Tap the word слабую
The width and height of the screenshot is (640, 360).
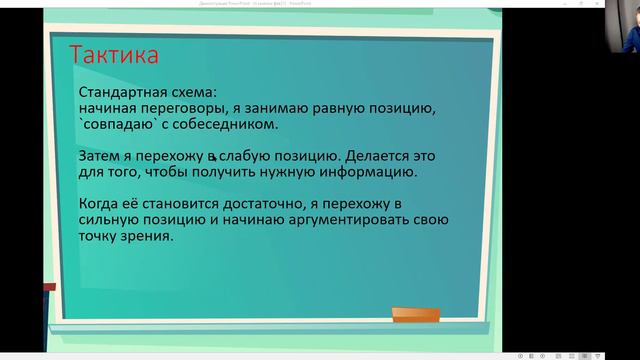point(245,157)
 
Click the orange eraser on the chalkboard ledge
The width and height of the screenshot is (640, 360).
point(415,315)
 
